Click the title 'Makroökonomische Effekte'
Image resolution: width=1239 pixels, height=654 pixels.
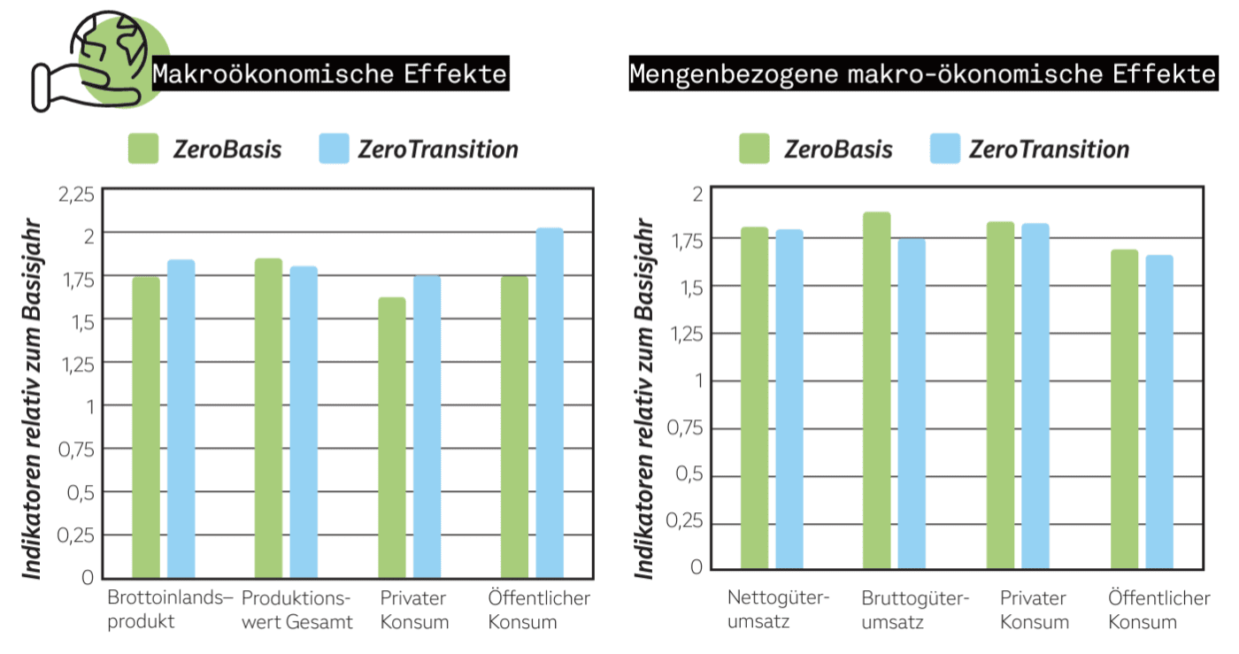click(330, 73)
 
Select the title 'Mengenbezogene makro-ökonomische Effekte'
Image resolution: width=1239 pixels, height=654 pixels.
click(922, 73)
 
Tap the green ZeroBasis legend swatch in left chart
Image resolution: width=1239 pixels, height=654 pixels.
click(143, 149)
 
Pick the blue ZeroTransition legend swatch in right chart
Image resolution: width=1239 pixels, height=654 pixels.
click(945, 149)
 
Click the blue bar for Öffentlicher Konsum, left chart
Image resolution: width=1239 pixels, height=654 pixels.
click(550, 403)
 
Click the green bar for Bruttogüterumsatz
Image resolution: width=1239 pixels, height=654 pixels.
click(877, 389)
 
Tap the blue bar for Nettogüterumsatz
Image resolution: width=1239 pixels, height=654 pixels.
click(789, 398)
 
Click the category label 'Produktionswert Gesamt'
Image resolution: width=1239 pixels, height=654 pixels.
click(297, 611)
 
